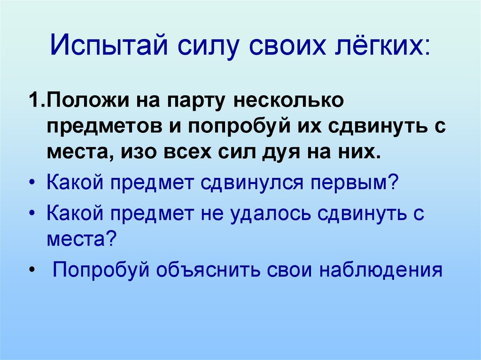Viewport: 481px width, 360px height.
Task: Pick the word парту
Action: [190, 101]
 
